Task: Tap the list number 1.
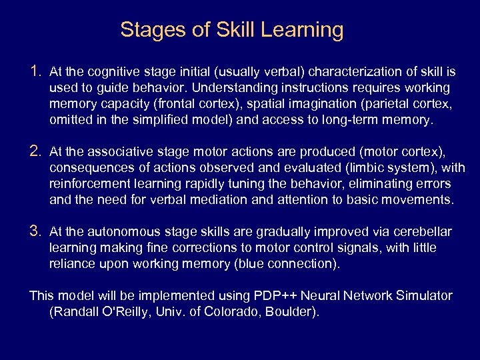tap(36, 71)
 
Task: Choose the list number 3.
tap(36, 231)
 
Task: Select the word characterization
tap(351, 72)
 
